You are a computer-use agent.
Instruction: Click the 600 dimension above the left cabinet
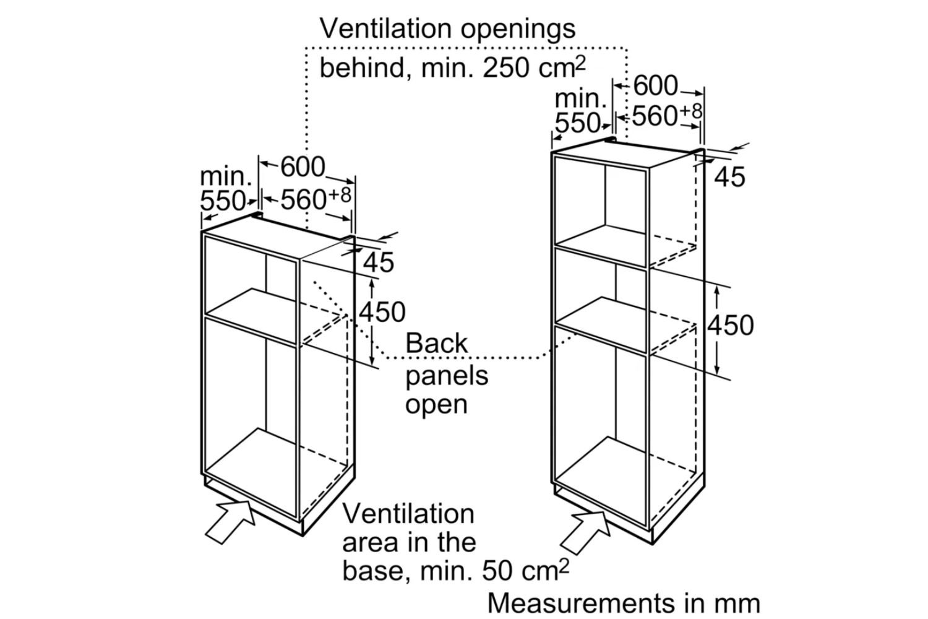(x=303, y=167)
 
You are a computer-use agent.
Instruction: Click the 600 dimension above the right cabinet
(x=655, y=85)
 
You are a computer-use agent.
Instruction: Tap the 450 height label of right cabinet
(x=731, y=325)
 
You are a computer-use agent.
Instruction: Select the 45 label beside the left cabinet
(x=378, y=262)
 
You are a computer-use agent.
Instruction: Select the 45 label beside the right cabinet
(x=729, y=177)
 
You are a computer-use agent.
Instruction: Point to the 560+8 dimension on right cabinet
(x=667, y=116)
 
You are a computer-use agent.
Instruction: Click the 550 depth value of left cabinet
(x=223, y=201)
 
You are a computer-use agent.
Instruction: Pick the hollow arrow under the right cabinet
(x=585, y=530)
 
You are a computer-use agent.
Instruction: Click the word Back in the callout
(x=436, y=344)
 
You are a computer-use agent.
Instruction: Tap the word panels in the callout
(x=447, y=375)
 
